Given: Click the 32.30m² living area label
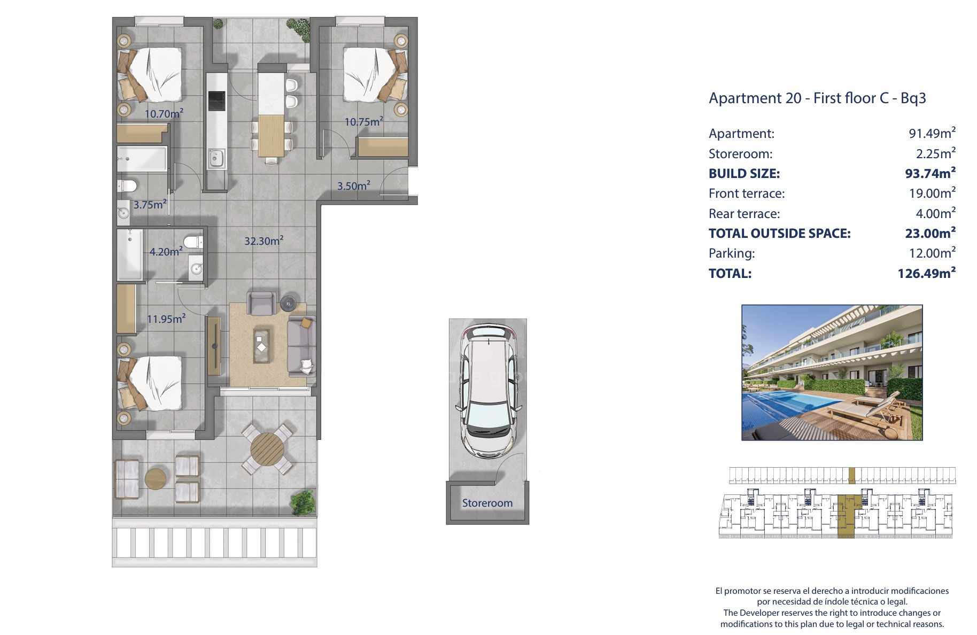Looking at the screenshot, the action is click(x=263, y=241).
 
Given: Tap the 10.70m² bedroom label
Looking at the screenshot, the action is click(x=164, y=113).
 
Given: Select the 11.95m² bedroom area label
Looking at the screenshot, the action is click(x=166, y=319).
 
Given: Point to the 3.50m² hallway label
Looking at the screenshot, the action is click(x=353, y=185).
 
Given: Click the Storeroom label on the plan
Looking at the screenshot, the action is click(x=487, y=503).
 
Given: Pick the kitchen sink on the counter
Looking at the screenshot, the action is click(x=216, y=158).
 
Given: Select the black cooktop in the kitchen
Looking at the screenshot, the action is click(x=216, y=100).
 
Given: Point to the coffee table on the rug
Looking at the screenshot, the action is click(x=262, y=345).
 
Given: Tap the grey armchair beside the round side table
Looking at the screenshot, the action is click(x=261, y=303).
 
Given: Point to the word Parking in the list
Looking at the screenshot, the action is click(x=731, y=253).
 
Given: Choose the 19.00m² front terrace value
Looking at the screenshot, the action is click(x=932, y=193).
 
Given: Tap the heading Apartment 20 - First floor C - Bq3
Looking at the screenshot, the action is click(x=817, y=98).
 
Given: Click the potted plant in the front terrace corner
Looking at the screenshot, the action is click(x=303, y=503).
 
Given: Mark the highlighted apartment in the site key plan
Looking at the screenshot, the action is click(x=846, y=516).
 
